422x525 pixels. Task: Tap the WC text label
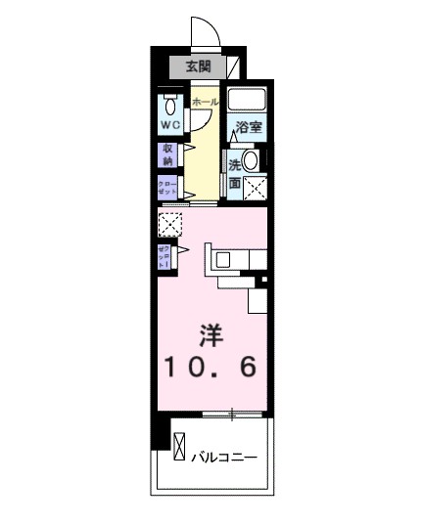point(170,125)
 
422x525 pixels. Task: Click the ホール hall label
point(205,102)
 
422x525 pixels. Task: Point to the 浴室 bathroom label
point(249,127)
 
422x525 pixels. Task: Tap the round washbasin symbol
point(252,161)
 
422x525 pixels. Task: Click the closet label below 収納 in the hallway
point(167,188)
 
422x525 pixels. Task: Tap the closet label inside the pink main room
point(165,257)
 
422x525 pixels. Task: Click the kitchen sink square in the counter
point(222,259)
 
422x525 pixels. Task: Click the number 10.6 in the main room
point(210,369)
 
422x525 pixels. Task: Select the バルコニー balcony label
point(223,457)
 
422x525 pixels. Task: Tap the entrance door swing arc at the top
point(203,31)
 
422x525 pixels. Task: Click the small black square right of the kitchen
point(262,282)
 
